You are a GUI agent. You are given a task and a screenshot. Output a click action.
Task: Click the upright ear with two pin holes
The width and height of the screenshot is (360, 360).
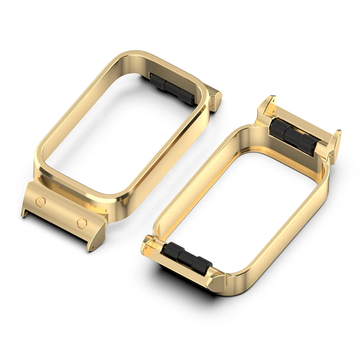[267, 105]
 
